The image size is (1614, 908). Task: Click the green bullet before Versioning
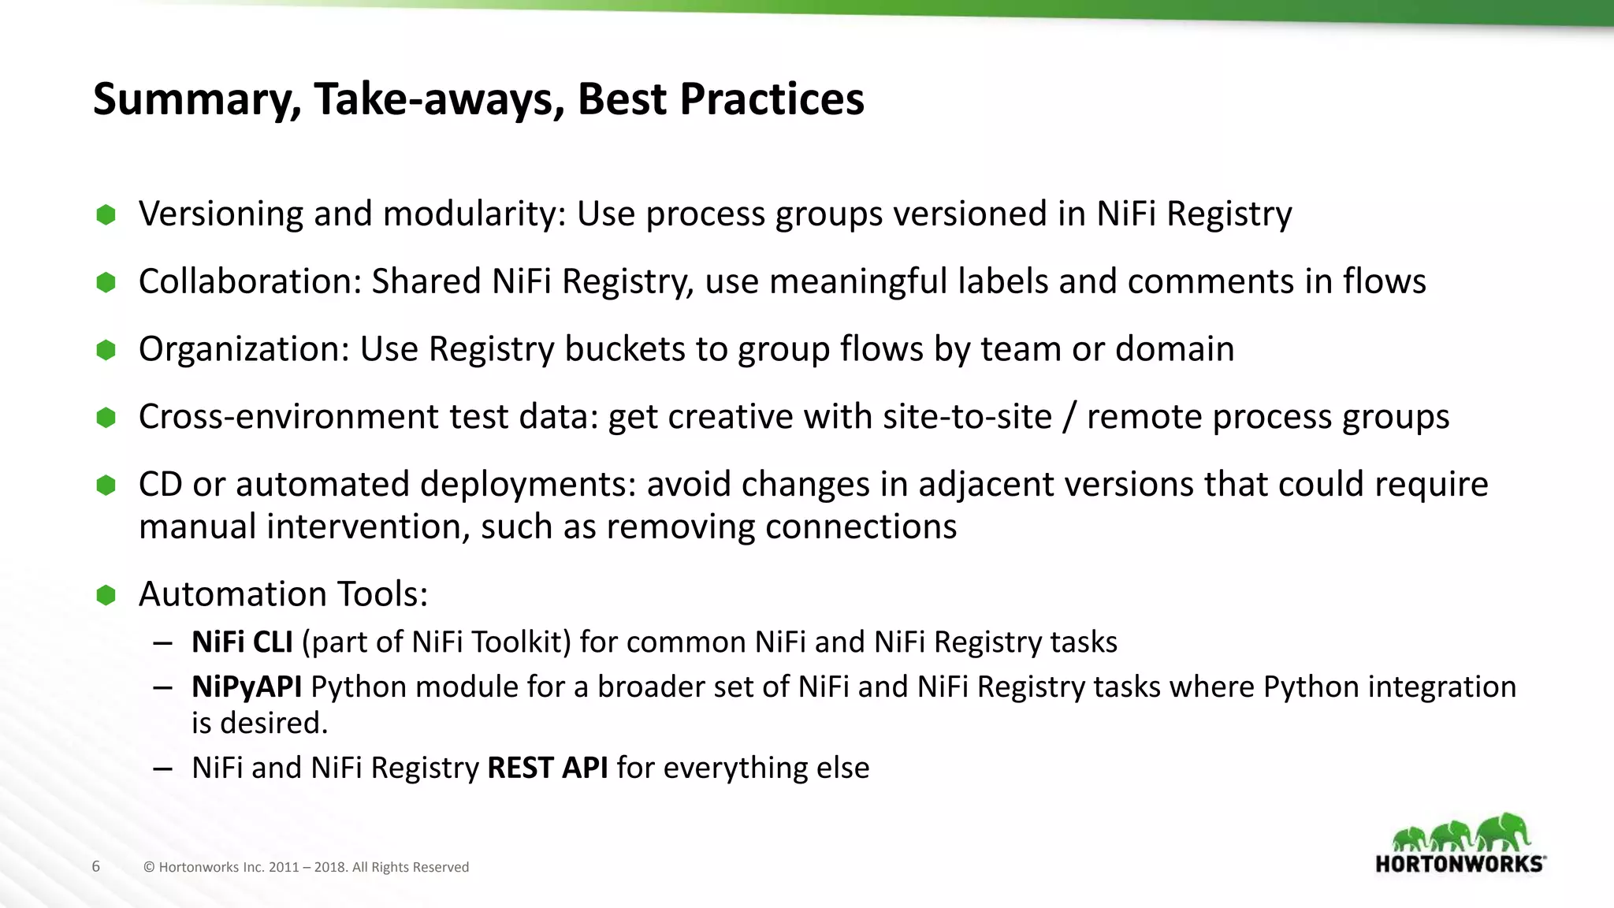tap(106, 214)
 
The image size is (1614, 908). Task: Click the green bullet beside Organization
tap(106, 349)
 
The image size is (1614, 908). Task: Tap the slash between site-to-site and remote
tap(1069, 417)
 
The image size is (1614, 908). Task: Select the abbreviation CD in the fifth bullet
tap(161, 484)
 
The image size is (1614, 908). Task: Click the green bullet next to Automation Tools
tap(106, 595)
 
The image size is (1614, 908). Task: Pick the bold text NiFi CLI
tap(242, 642)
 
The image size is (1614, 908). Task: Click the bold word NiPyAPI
tap(247, 687)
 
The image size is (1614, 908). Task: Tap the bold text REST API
tap(547, 768)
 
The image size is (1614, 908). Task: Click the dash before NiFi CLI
tap(163, 643)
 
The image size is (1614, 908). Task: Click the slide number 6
tap(96, 866)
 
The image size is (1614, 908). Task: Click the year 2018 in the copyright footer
tap(329, 867)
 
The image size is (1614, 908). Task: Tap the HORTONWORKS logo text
tap(1460, 864)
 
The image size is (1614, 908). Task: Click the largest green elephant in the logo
tap(1504, 832)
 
